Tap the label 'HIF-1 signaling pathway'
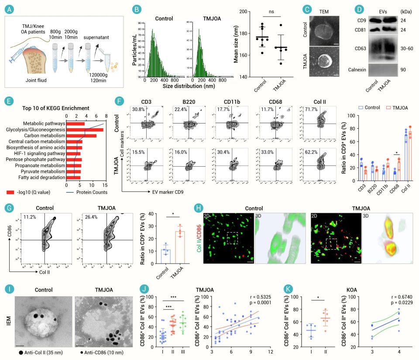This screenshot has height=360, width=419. click(x=39, y=154)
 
